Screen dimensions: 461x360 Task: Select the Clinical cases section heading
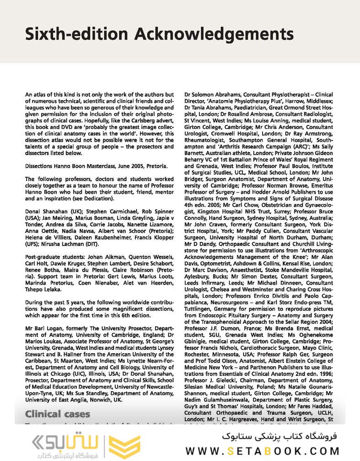point(57,414)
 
